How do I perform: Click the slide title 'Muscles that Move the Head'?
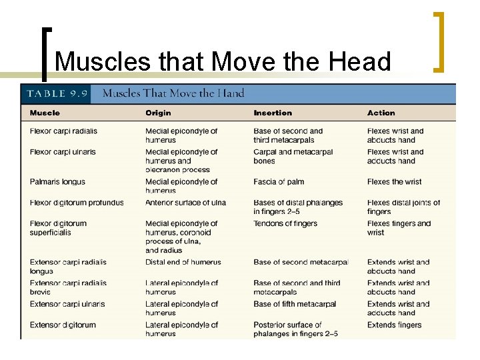click(223, 61)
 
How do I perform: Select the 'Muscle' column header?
click(45, 113)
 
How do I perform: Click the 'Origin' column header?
click(158, 113)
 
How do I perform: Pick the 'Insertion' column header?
click(273, 113)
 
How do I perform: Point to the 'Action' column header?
click(381, 113)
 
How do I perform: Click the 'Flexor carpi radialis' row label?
click(63, 131)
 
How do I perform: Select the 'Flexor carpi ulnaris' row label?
click(63, 152)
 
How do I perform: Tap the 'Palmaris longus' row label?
click(57, 181)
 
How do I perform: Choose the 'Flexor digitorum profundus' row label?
click(77, 203)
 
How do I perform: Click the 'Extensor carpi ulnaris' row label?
click(67, 304)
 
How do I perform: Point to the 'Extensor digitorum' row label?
click(63, 325)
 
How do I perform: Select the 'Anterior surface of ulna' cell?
click(185, 203)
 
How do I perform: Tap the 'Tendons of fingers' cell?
click(285, 223)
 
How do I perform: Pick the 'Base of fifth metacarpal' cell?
click(295, 304)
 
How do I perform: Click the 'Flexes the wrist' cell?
click(394, 181)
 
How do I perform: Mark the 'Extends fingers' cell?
click(394, 325)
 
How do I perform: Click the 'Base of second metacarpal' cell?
click(301, 262)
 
